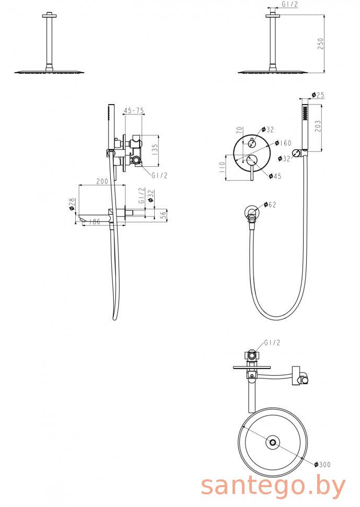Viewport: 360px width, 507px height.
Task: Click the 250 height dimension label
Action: tap(320, 44)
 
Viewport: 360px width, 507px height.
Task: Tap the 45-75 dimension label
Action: tap(133, 111)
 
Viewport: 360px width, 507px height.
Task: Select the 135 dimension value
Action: tap(155, 151)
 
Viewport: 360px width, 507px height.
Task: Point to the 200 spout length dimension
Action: tap(102, 181)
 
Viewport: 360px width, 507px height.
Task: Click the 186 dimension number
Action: tap(94, 222)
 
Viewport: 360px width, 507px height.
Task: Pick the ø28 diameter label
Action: tap(72, 204)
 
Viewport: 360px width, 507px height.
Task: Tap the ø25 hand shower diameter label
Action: tap(318, 95)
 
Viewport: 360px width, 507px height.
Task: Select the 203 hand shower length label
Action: tap(318, 126)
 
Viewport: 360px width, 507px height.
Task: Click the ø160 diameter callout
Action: tap(283, 143)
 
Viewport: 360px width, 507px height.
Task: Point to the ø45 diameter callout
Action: tap(275, 176)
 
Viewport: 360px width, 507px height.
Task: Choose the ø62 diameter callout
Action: tap(270, 204)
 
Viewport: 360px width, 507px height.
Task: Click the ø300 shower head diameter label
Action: tap(322, 464)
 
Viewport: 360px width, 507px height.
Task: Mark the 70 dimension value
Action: tap(239, 130)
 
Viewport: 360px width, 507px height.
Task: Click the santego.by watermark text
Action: tap(273, 486)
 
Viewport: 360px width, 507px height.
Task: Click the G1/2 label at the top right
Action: tap(290, 4)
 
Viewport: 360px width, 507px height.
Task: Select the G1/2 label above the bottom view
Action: tap(272, 342)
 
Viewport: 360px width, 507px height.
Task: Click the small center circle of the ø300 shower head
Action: tap(273, 442)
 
